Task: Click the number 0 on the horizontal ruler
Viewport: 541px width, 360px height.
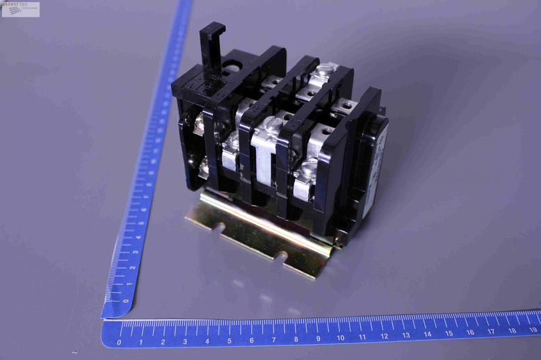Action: (119, 341)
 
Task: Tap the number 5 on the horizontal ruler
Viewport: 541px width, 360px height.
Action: (229, 341)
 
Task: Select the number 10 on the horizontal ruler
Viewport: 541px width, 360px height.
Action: (340, 338)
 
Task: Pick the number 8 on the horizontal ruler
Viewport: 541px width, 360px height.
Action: (296, 339)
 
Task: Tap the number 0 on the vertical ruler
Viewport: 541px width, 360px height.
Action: (126, 301)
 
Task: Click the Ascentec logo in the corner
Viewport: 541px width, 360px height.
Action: (21, 9)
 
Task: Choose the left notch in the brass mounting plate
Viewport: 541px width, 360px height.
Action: (220, 228)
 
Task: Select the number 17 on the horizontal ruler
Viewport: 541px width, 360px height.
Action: (491, 333)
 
